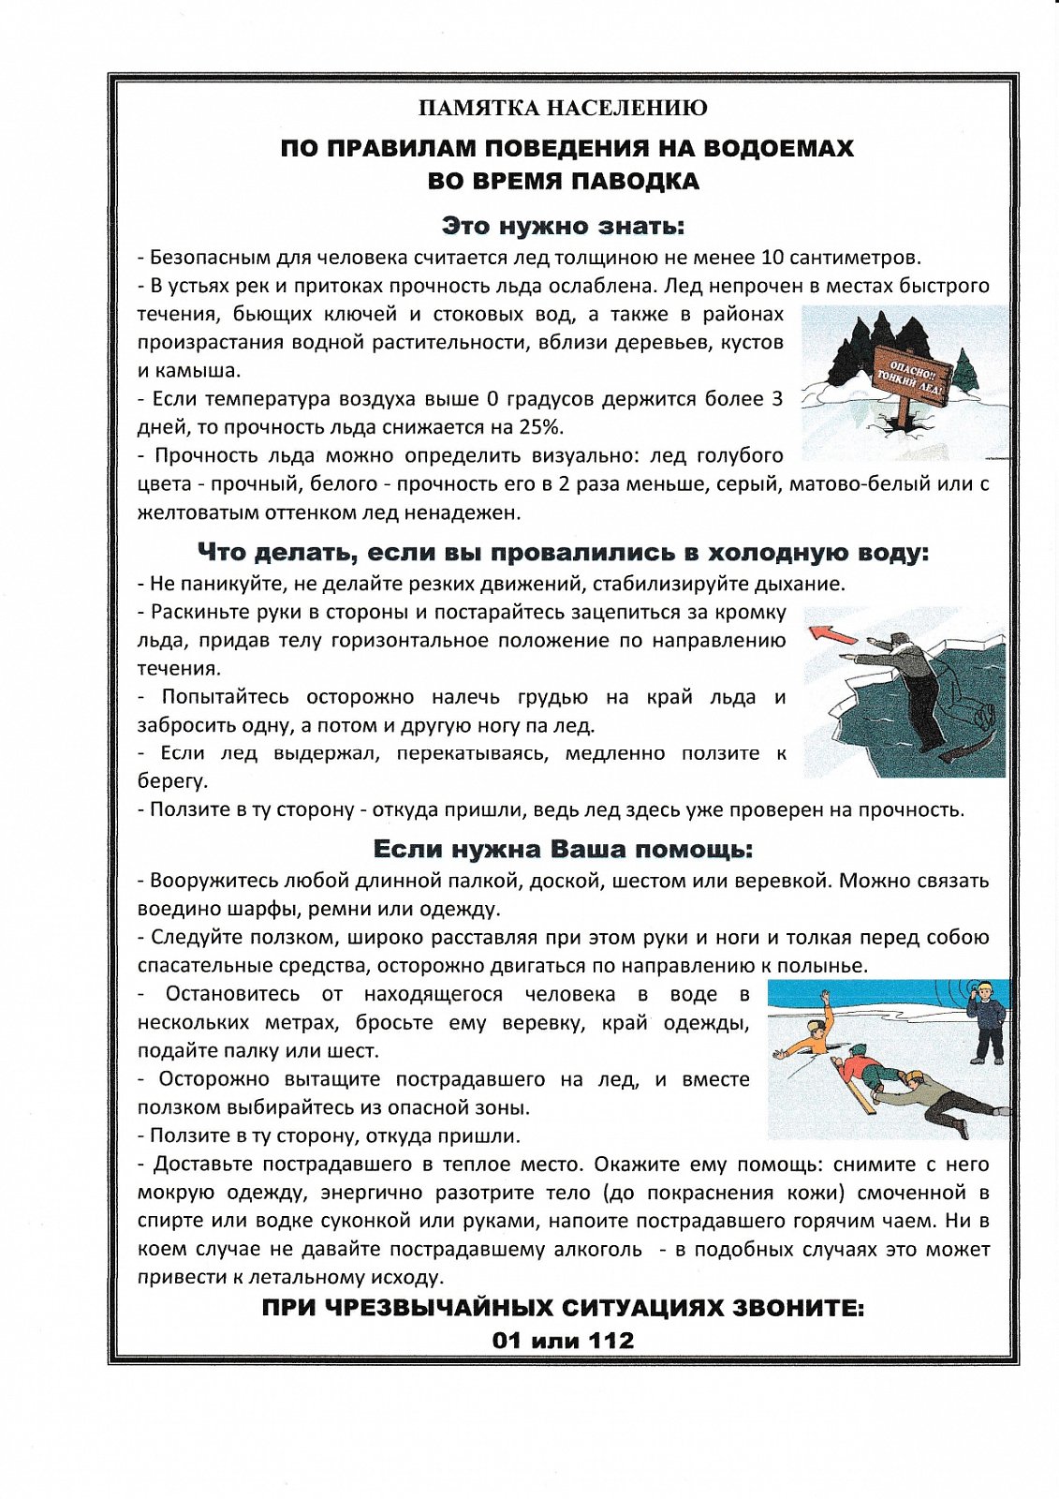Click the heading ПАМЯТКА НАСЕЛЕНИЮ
click(x=563, y=109)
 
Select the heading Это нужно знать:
click(x=563, y=227)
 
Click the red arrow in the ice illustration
click(x=831, y=636)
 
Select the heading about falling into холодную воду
click(x=563, y=553)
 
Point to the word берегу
click(x=172, y=781)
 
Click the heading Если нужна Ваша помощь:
click(x=563, y=850)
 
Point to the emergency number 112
click(x=610, y=1341)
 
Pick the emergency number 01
click(x=507, y=1341)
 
